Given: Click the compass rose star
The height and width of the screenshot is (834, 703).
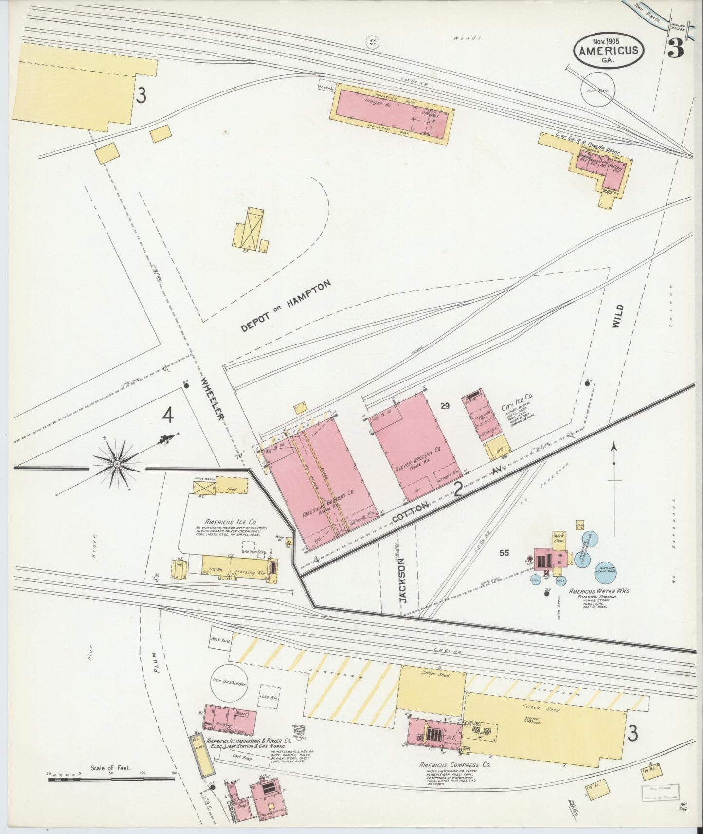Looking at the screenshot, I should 117,465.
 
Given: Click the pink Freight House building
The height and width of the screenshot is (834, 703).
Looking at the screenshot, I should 392,109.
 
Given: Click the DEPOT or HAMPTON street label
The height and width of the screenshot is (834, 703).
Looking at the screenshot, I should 286,307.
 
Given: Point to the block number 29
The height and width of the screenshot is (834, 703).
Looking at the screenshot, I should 445,406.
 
